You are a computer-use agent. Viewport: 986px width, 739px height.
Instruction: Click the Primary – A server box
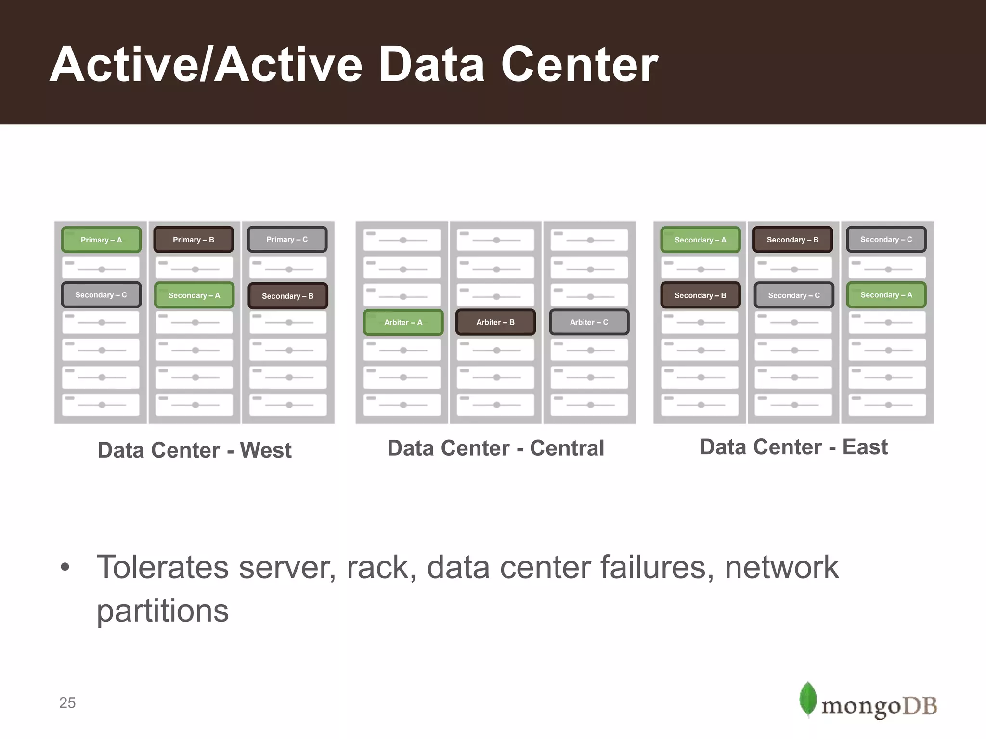101,240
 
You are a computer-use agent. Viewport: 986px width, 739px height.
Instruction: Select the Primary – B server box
194,240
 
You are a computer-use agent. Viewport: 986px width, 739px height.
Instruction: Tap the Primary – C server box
287,239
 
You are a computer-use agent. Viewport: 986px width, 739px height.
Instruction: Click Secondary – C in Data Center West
101,295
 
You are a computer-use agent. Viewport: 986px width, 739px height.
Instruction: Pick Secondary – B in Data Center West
287,296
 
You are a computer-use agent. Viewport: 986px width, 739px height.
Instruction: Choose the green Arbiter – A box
403,322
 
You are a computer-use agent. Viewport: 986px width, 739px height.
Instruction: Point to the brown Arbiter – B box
495,322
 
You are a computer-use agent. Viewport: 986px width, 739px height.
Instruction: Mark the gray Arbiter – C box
589,322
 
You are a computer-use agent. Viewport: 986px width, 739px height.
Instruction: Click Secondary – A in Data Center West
194,295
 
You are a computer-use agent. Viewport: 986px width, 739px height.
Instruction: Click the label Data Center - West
195,450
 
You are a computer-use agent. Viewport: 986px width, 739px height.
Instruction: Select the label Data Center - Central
495,448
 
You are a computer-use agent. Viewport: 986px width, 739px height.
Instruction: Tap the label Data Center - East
793,447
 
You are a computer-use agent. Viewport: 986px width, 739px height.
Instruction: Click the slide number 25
67,703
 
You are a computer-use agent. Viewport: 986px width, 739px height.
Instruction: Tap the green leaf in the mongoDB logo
808,699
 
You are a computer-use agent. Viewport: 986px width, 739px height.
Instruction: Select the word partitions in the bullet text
163,611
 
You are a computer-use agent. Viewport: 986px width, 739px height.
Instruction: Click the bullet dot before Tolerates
65,567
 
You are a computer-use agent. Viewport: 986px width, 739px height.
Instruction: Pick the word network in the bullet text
782,567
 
